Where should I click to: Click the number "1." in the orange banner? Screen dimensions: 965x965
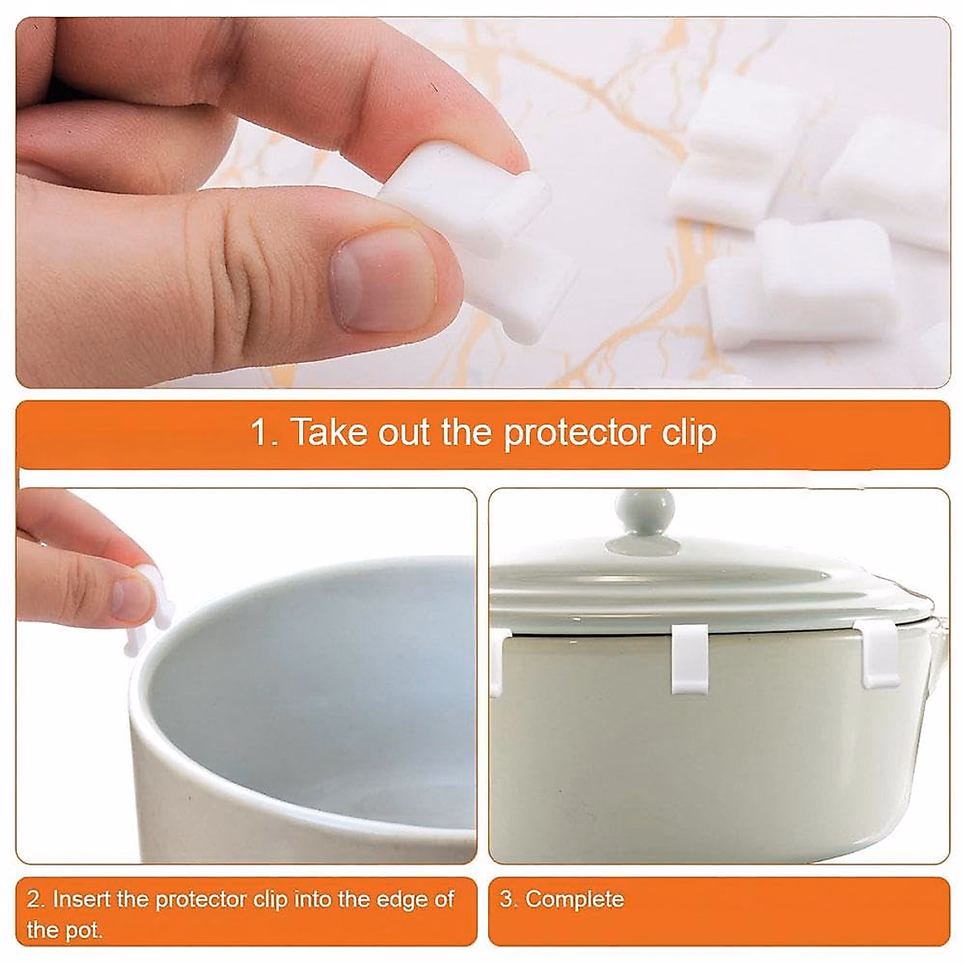pos(264,433)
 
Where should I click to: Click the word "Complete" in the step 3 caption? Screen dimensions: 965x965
pos(574,898)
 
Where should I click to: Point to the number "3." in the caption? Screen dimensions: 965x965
pos(508,898)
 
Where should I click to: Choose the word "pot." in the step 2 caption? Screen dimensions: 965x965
pos(84,930)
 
